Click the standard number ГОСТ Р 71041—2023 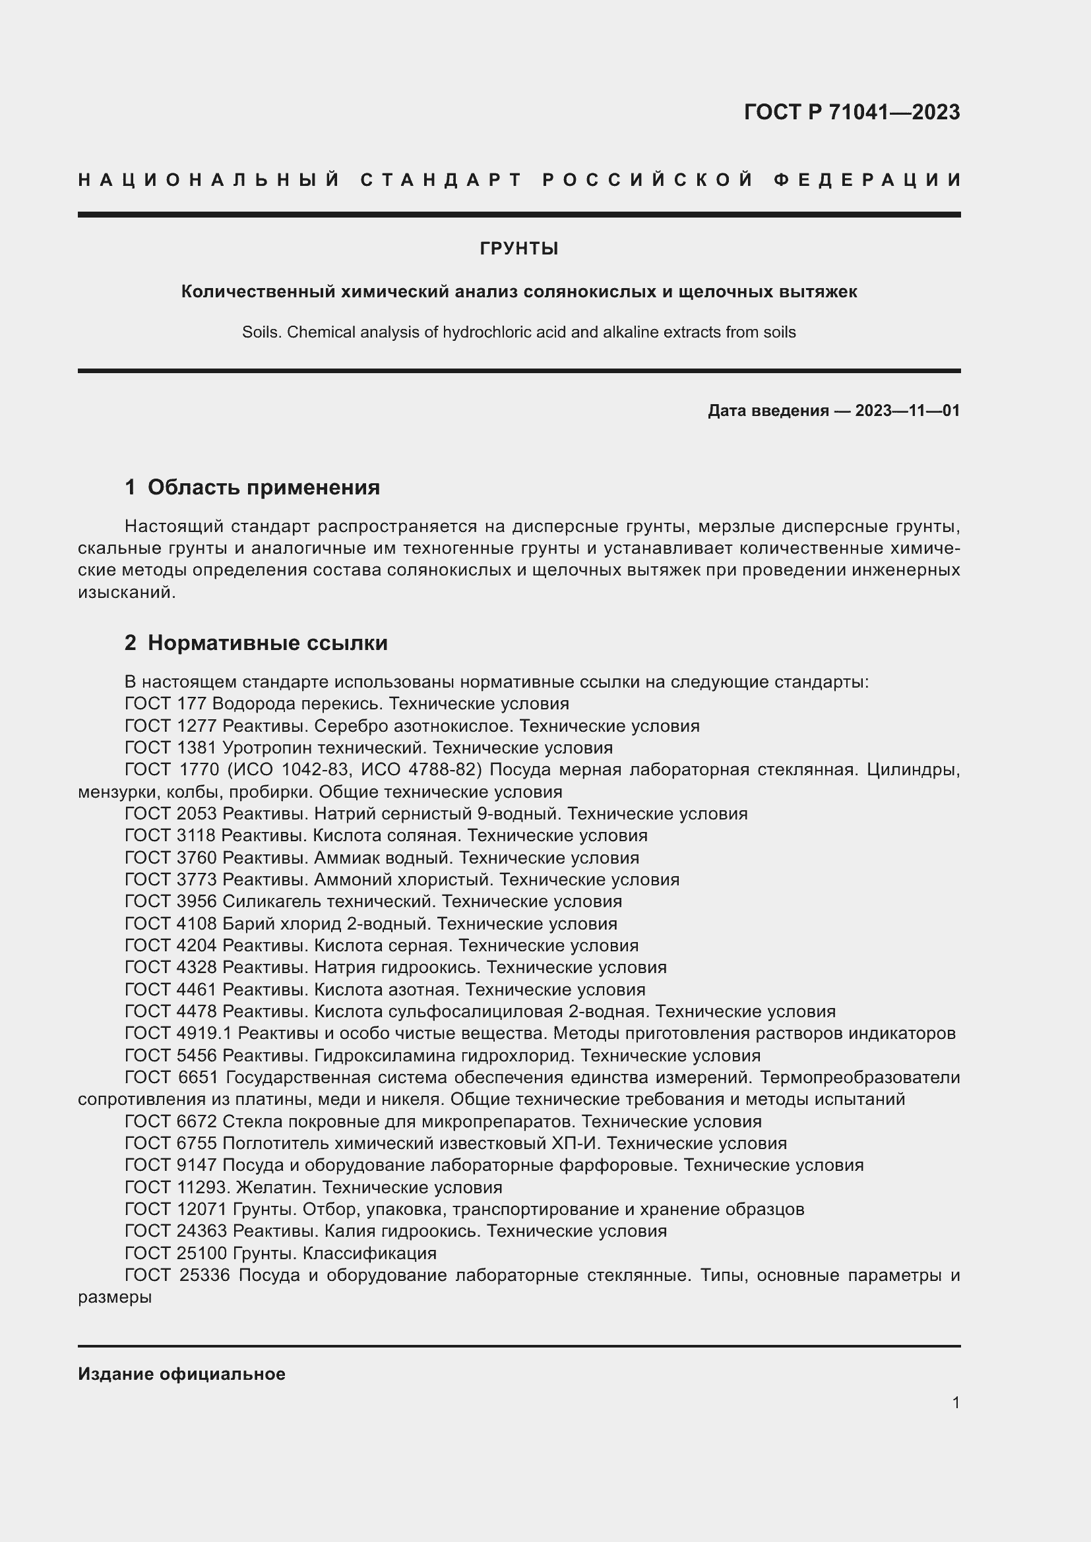coord(851,112)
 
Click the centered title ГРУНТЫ coord(518,249)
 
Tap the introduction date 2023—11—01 coord(907,410)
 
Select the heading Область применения coord(263,487)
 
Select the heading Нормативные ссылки coord(267,643)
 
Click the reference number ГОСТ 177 coord(166,704)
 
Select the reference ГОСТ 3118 coord(170,835)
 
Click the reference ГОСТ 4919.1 coord(178,1033)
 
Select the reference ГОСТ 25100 coord(175,1253)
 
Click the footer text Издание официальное coord(181,1374)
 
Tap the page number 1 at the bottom coord(955,1402)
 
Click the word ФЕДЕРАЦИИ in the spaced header coord(868,180)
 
